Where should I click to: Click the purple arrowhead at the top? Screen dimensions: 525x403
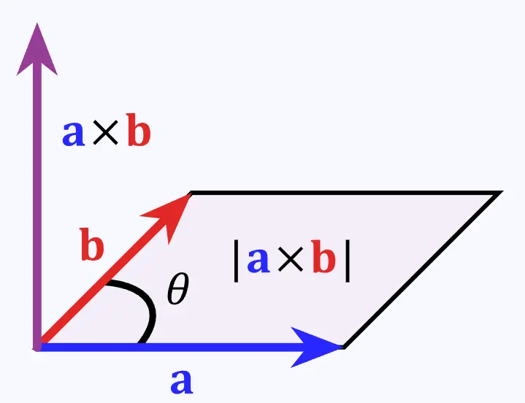(x=37, y=53)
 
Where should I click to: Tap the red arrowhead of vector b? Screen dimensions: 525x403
(x=171, y=214)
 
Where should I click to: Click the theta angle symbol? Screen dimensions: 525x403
(x=177, y=288)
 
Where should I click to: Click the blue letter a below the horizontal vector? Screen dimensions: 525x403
(x=182, y=382)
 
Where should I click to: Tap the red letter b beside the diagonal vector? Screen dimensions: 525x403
(x=92, y=244)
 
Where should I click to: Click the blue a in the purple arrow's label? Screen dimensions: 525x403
(x=73, y=134)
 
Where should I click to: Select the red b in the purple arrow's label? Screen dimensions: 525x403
(x=139, y=130)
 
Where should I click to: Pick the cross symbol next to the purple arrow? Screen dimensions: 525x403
(x=105, y=133)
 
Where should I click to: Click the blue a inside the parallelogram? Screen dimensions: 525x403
(x=258, y=261)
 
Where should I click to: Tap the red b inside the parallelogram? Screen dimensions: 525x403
(x=323, y=256)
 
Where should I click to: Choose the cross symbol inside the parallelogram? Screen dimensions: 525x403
(x=291, y=259)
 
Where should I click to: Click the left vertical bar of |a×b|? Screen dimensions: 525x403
(x=236, y=261)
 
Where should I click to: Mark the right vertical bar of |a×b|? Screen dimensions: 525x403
(x=348, y=261)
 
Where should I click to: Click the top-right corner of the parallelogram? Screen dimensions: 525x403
(x=502, y=191)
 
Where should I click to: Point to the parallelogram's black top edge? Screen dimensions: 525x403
(x=346, y=193)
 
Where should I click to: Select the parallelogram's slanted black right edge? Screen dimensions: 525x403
(x=423, y=270)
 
